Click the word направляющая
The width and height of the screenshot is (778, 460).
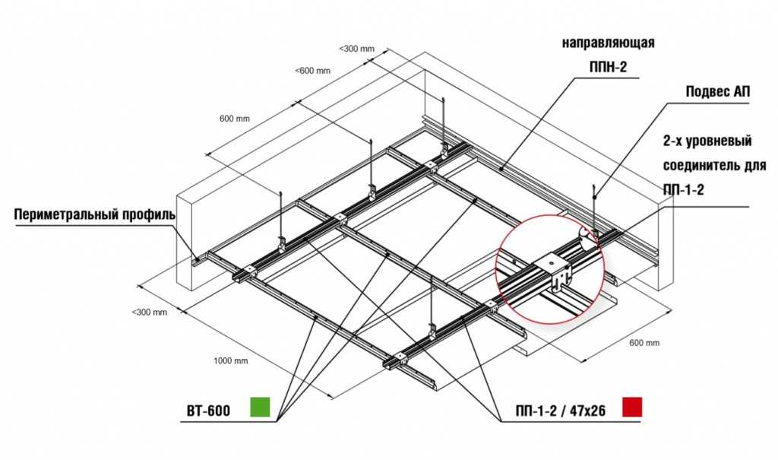[x=609, y=43]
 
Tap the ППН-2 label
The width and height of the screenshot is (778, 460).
[x=609, y=67]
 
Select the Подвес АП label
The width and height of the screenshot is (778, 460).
[x=718, y=92]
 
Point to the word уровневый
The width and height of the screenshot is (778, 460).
[x=718, y=141]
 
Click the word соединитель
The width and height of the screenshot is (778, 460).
[x=699, y=165]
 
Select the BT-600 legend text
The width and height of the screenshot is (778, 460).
[x=208, y=411]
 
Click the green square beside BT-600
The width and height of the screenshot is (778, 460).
[x=260, y=407]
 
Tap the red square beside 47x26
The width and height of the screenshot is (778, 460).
[x=631, y=407]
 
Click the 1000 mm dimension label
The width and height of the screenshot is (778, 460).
[x=231, y=360]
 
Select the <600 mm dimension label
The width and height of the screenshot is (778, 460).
[x=312, y=71]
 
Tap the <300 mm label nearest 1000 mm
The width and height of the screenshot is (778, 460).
[x=150, y=312]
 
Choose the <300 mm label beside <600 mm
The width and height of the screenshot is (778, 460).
[x=357, y=49]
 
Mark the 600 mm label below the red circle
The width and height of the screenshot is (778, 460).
[x=644, y=343]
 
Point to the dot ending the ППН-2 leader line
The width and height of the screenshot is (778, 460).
[x=502, y=168]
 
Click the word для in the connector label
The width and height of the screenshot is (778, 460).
[x=753, y=165]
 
